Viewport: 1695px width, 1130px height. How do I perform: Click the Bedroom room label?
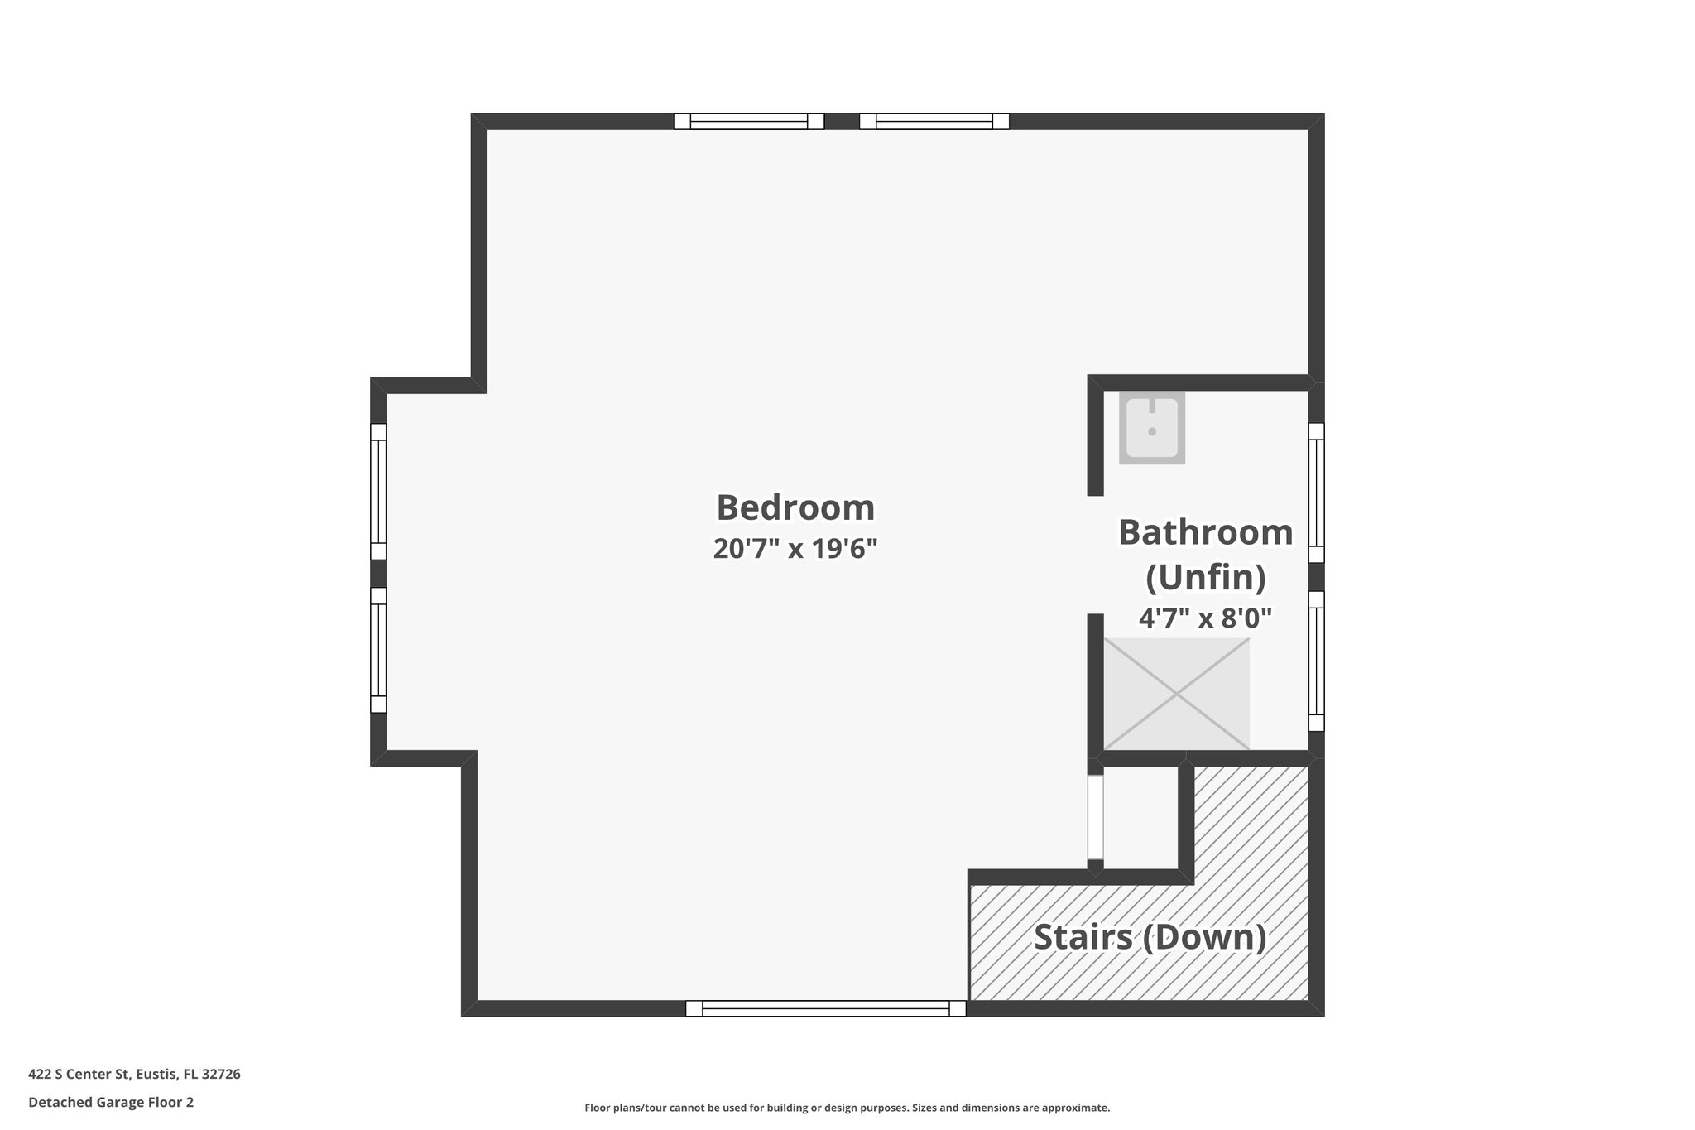pos(795,507)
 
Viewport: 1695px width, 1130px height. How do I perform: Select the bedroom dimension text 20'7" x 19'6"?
pos(795,548)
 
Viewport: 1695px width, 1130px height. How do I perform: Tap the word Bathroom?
pos(1205,532)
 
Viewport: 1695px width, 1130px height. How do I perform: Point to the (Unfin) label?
pos(1205,577)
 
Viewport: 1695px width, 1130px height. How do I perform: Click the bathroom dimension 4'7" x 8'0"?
pos(1205,618)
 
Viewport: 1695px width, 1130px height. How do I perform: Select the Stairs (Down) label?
pos(1150,937)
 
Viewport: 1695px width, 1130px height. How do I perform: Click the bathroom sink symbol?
pos(1151,427)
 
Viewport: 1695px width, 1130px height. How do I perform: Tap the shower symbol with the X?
pos(1176,694)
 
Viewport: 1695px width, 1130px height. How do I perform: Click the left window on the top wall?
pos(748,122)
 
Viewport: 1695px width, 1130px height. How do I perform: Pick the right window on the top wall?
pos(934,122)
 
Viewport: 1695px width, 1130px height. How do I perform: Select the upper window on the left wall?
pos(378,492)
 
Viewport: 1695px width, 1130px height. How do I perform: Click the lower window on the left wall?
pos(378,650)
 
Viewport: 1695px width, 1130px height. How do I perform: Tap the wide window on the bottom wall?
pos(825,1008)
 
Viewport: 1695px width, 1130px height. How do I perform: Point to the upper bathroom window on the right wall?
pos(1316,493)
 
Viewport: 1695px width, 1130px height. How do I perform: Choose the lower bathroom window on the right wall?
pos(1316,661)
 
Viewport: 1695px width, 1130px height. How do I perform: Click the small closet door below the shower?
pos(1095,817)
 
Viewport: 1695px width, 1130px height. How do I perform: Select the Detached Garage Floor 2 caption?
pos(111,1103)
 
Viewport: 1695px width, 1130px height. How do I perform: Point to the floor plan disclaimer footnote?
pos(847,1108)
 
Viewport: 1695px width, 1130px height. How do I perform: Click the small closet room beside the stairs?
pos(1140,817)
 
